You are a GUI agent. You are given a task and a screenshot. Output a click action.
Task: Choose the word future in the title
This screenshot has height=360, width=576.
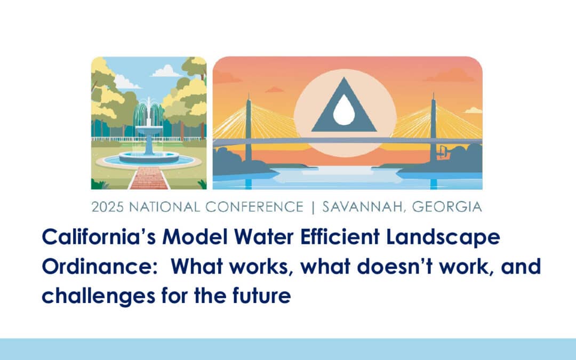(x=261, y=295)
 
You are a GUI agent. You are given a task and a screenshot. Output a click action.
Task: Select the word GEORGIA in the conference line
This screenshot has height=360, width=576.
(x=447, y=207)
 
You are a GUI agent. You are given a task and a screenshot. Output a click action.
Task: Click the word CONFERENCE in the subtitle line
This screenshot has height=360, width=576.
(x=254, y=207)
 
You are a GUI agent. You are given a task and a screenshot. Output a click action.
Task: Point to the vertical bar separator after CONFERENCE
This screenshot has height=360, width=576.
(x=313, y=207)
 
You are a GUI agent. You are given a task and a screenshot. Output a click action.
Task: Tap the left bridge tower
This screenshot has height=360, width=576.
(x=249, y=129)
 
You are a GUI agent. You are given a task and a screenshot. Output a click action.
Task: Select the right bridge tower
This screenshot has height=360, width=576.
(x=434, y=129)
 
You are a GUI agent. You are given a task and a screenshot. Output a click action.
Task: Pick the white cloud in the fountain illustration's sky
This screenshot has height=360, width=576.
(x=167, y=71)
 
